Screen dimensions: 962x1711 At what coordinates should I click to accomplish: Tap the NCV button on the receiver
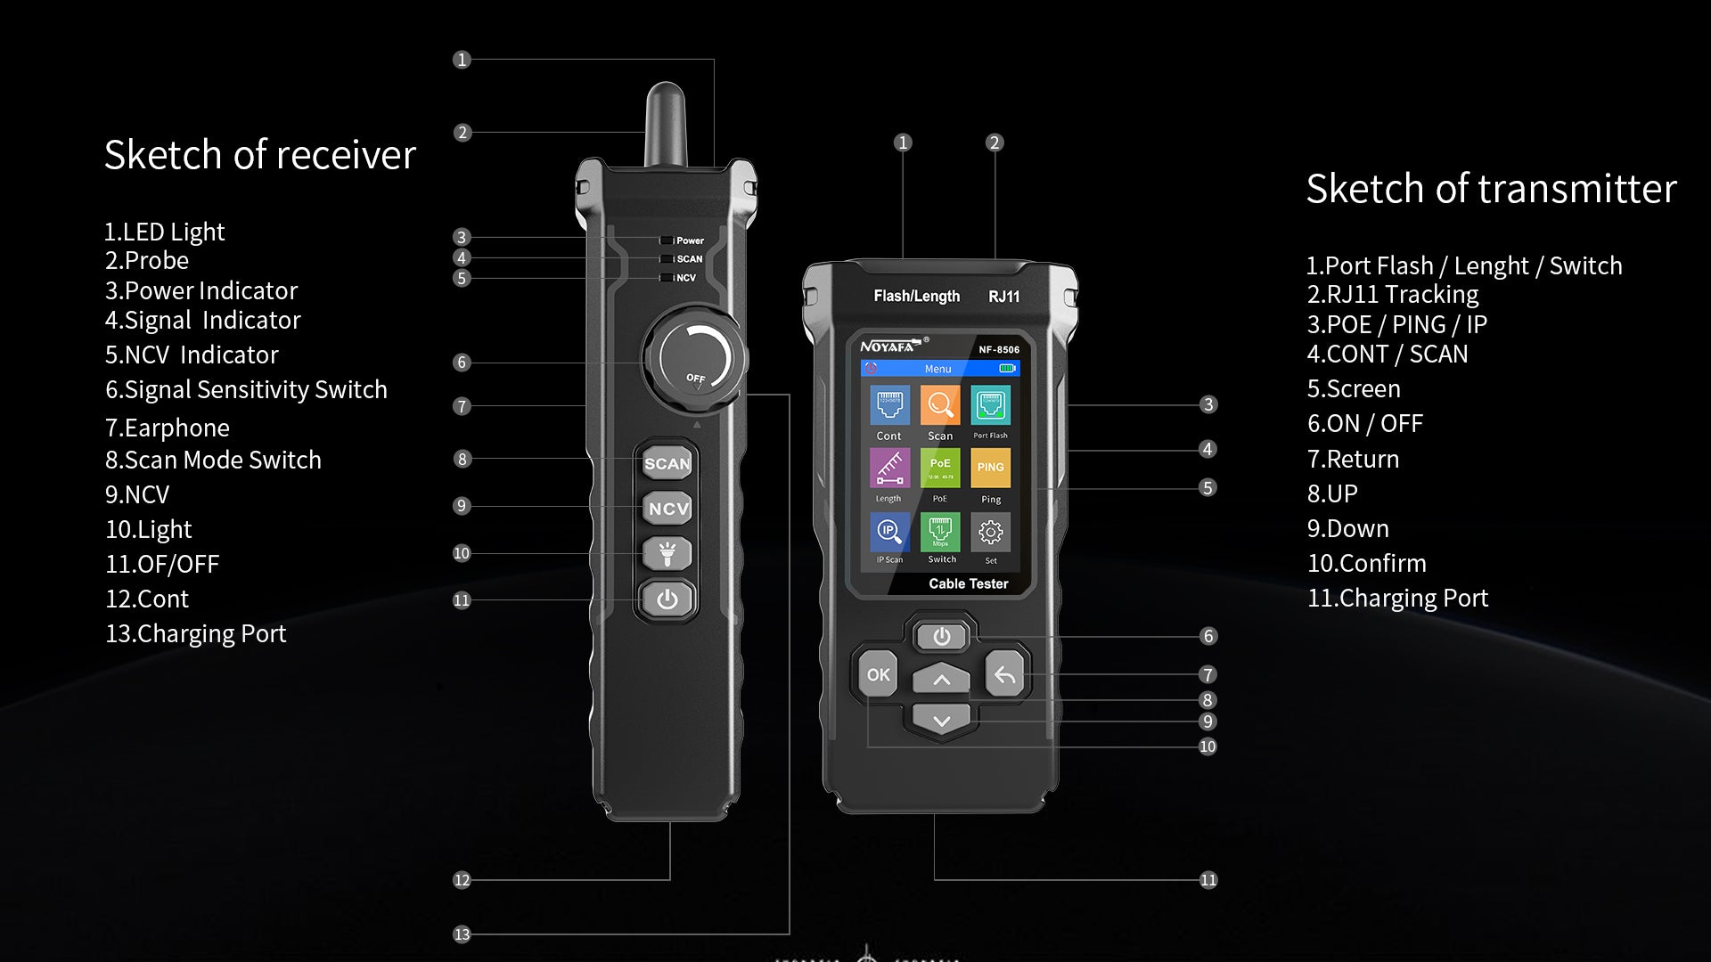[x=667, y=509]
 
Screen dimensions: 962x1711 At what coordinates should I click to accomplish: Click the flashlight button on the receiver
[x=667, y=554]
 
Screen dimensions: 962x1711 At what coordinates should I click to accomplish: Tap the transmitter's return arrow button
[x=1004, y=675]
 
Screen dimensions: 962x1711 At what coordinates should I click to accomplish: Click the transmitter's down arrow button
[x=942, y=720]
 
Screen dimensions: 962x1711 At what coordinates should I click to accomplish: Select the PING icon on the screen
[x=990, y=468]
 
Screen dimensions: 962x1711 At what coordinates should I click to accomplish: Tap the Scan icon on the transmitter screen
[x=940, y=406]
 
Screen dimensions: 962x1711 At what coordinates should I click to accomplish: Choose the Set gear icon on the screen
[x=990, y=533]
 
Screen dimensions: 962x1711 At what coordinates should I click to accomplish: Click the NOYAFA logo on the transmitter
[x=888, y=346]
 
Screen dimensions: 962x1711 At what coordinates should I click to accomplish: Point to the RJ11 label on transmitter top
[x=1003, y=297]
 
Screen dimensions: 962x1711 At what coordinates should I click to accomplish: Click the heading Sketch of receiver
[x=259, y=155]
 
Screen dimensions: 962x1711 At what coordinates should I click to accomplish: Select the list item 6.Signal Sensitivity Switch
[x=246, y=390]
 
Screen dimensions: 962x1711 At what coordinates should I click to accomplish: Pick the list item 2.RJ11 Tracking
[x=1392, y=294]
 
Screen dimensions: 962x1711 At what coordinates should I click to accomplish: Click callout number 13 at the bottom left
[x=462, y=934]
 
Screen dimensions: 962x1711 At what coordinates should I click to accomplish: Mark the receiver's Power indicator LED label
[x=689, y=240]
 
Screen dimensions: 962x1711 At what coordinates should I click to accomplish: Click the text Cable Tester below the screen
[x=968, y=583]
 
